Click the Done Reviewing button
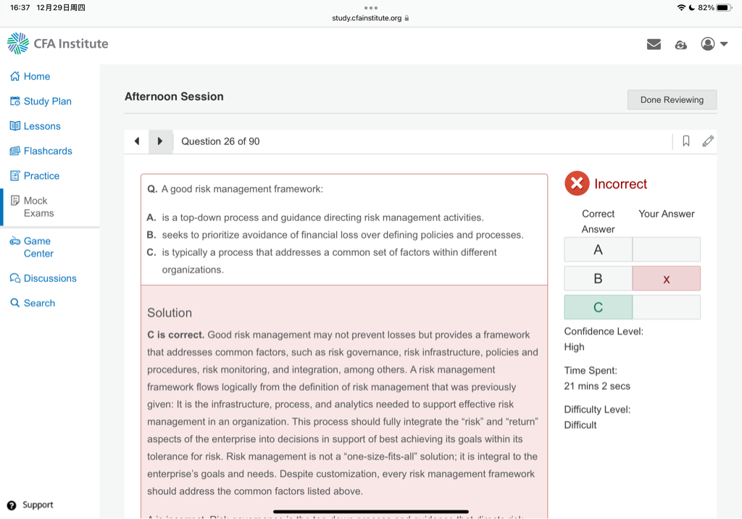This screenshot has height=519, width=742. (x=672, y=100)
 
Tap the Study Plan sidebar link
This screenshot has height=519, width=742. (x=47, y=101)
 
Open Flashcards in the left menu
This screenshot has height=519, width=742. (x=48, y=151)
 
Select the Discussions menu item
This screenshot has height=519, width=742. (x=49, y=278)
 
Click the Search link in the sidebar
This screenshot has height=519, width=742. (x=39, y=303)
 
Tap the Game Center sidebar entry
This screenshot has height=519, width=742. (x=38, y=247)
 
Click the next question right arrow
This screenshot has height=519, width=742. (x=160, y=141)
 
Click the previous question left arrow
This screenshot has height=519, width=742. (x=137, y=141)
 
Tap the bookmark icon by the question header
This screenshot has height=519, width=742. (x=685, y=141)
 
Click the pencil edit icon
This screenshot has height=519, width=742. (x=708, y=141)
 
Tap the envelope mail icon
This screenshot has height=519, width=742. (x=654, y=44)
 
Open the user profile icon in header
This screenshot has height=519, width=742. (x=708, y=44)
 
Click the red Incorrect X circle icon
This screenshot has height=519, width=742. (x=577, y=184)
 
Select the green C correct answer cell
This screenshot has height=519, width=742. (x=598, y=307)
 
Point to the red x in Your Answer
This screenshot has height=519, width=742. (x=666, y=278)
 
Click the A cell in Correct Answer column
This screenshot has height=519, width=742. (x=598, y=249)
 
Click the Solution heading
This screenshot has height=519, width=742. (x=170, y=313)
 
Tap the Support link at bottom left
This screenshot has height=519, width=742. (x=37, y=505)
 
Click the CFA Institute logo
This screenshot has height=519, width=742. (x=58, y=43)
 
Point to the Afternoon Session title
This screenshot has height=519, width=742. (x=174, y=96)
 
